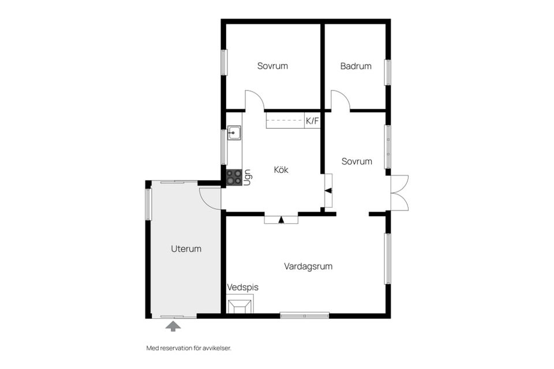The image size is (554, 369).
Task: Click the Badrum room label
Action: (356, 66)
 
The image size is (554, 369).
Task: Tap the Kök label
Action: (281, 170)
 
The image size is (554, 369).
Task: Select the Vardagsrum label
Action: (308, 266)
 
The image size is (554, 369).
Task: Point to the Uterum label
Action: (186, 248)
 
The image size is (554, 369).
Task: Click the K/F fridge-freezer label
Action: (312, 121)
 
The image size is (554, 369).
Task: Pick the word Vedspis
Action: (243, 288)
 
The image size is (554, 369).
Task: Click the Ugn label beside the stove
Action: (248, 178)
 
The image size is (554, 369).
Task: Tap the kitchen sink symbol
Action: (234, 133)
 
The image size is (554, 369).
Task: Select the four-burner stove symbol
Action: (234, 177)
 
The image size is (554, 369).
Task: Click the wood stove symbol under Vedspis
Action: (240, 306)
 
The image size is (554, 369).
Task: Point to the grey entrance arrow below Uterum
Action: (173, 326)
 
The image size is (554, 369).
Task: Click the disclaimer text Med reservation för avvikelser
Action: (189, 348)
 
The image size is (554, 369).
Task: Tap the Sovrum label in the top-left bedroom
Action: (272, 66)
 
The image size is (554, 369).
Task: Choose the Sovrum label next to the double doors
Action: (357, 161)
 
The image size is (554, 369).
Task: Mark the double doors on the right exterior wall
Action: (399, 193)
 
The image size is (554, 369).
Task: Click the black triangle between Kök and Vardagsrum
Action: (281, 220)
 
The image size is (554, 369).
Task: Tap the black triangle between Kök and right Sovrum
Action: (328, 191)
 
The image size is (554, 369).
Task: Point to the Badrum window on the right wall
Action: (388, 73)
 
